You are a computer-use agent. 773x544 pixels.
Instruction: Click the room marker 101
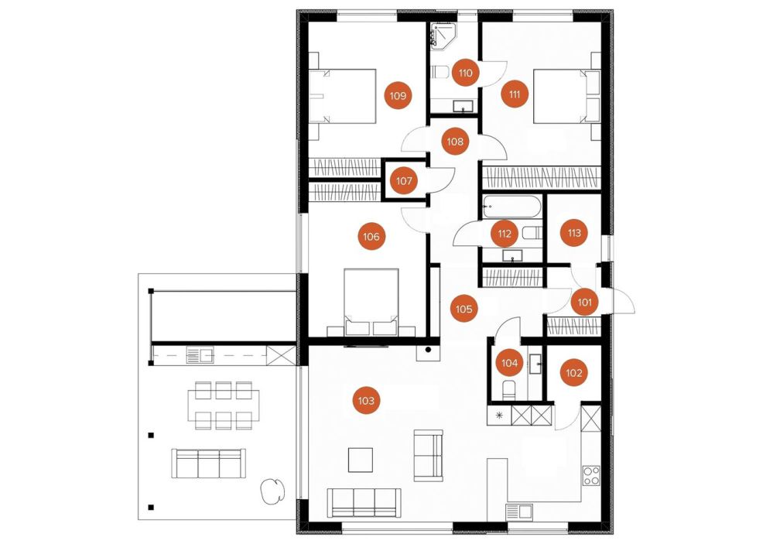coord(584,302)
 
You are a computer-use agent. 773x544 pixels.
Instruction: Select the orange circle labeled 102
coord(574,373)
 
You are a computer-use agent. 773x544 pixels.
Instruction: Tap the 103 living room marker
coord(366,401)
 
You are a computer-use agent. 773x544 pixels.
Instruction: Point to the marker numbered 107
coord(404,181)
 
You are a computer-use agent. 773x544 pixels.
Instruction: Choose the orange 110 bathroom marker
coord(465,73)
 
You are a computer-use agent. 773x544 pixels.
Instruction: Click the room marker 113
coord(574,233)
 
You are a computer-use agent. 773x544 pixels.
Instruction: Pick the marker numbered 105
coord(463,309)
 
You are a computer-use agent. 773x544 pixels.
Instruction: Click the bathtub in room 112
coord(511,207)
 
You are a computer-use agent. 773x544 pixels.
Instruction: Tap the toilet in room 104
coord(508,390)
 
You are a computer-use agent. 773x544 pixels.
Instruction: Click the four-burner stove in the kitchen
coord(590,475)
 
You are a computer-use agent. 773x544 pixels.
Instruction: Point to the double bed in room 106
coord(371,302)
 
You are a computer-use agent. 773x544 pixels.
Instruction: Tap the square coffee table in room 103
coord(361,460)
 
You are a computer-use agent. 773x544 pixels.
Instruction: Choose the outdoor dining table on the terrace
coord(224,405)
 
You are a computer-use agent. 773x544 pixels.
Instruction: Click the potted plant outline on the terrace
coord(272,491)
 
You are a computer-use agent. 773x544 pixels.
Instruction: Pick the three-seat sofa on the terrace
coord(209,463)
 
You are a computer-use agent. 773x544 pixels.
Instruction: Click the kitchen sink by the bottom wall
coord(518,511)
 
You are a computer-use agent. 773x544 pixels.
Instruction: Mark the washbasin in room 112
coord(513,255)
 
